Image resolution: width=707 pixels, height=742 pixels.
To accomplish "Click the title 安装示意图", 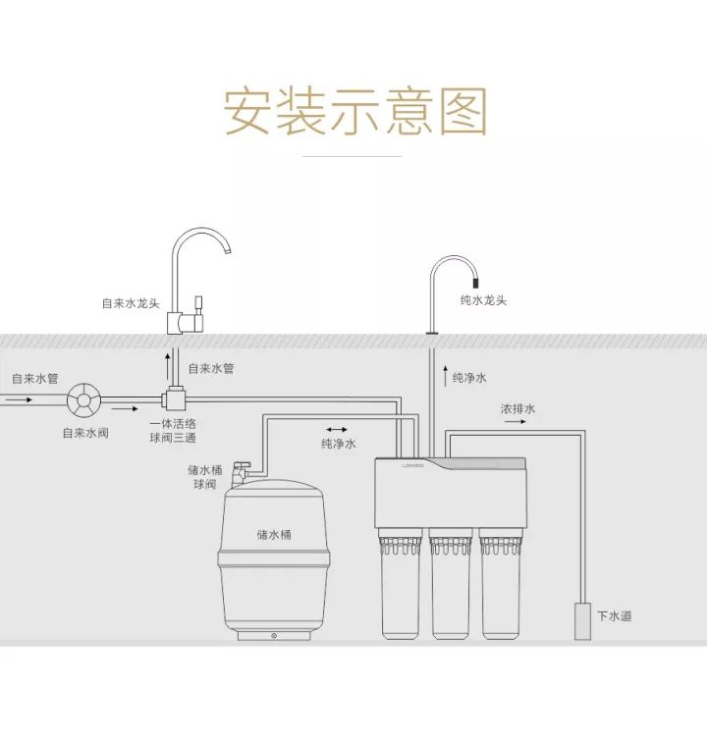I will [x=354, y=111].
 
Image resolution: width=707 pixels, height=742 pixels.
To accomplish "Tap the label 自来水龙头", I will [x=132, y=303].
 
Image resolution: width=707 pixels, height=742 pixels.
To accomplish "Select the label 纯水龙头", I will [x=483, y=300].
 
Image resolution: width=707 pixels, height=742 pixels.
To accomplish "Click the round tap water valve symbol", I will [x=82, y=400].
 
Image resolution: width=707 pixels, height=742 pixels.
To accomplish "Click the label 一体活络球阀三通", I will [x=173, y=431].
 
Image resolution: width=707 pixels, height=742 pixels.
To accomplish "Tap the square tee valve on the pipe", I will [x=176, y=399].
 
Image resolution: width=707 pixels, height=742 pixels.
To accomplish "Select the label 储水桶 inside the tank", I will [x=274, y=535].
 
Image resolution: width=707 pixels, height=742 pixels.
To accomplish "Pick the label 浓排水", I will [x=517, y=408].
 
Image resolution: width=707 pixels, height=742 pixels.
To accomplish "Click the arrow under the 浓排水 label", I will [x=517, y=422].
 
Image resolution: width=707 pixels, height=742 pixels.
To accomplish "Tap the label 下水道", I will [x=615, y=616].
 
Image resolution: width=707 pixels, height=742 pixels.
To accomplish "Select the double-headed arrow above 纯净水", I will [x=337, y=429].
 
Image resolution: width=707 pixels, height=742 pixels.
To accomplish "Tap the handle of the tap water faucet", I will [x=197, y=302].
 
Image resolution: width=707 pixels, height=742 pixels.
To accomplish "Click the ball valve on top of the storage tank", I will [x=240, y=471].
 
